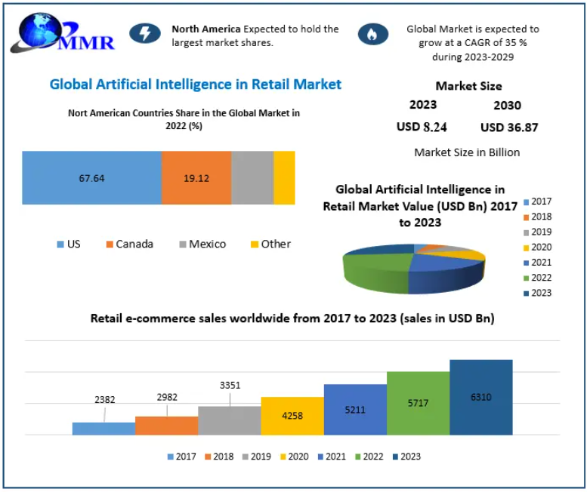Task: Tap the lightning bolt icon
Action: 144,34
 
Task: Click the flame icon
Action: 372,34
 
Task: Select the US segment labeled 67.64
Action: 91,178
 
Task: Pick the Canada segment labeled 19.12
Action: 196,178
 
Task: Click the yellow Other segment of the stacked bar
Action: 284,178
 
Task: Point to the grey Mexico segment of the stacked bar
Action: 252,178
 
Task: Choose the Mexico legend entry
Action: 202,244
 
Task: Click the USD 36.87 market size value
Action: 509,128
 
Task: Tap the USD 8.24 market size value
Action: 422,128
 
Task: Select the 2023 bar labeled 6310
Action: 481,397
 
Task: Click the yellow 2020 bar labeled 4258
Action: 292,416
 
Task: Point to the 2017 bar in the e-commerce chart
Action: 103,429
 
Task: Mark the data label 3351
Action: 230,386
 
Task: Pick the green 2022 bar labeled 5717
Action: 418,403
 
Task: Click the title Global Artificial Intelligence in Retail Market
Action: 196,85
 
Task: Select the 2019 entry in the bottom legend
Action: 255,457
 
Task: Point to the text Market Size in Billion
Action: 467,152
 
